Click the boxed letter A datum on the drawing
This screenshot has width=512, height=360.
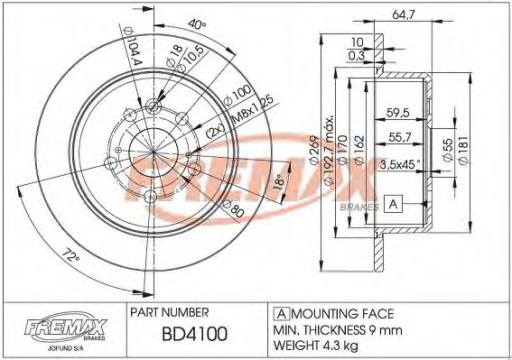coord(391,203)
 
